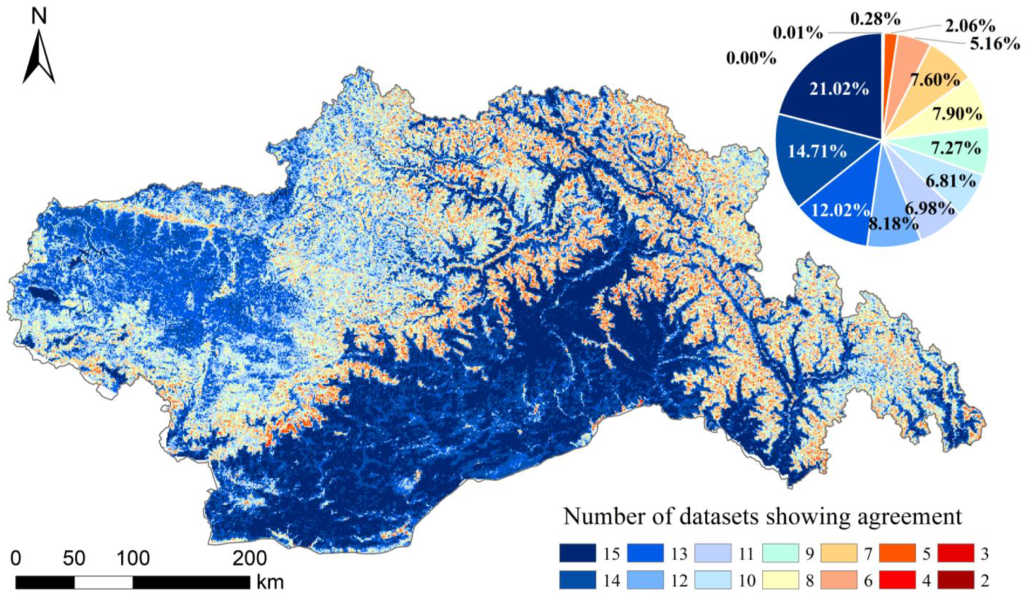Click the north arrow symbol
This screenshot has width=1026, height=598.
point(39,59)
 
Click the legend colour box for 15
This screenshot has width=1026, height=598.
point(577,553)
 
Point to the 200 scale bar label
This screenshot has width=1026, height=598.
point(249,558)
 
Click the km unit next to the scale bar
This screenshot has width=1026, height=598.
point(270,583)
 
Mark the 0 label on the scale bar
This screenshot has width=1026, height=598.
point(15,558)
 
